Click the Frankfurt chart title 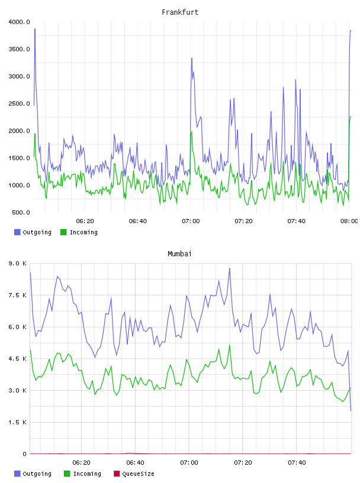(180, 12)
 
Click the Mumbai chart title (179, 254)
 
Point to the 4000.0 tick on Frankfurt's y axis (19, 22)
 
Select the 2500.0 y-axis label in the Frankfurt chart (19, 104)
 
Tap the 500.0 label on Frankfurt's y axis (21, 212)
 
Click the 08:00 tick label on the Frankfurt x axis (349, 221)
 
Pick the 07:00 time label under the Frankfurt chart (191, 221)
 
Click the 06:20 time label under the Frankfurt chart (85, 221)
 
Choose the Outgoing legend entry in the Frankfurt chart (33, 232)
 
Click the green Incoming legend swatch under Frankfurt (63, 232)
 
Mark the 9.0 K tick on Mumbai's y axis (18, 263)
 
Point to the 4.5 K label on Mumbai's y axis (18, 359)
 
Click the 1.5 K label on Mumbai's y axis (18, 422)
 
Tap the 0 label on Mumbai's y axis (24, 454)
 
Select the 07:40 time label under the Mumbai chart (297, 463)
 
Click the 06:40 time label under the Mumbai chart (136, 463)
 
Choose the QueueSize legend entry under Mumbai (134, 474)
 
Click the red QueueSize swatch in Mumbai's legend (117, 474)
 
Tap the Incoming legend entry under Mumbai (82, 474)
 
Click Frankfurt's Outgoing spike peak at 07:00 (192, 58)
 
